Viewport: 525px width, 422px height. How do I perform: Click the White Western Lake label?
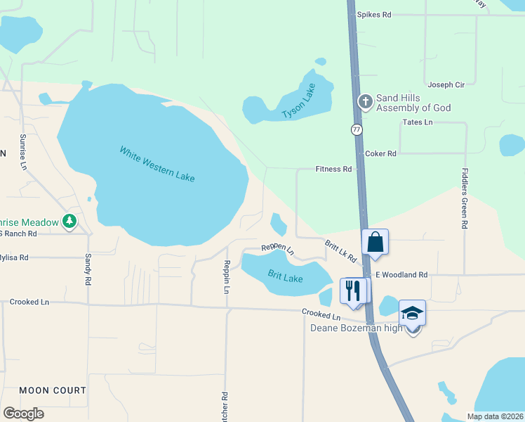(157, 164)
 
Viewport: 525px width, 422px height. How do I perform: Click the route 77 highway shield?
(357, 130)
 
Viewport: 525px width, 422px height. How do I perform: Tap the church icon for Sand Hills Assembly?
(365, 102)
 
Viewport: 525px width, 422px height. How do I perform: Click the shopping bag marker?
(376, 243)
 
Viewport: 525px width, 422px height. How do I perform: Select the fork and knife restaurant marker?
(352, 290)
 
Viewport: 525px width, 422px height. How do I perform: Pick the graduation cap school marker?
(412, 312)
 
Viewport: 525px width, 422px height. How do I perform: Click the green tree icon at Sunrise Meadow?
(69, 222)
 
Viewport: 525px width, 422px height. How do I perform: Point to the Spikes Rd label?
(373, 14)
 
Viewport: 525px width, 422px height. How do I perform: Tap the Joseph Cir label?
(446, 85)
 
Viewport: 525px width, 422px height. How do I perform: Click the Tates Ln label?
(418, 122)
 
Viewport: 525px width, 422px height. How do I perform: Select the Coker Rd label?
(380, 153)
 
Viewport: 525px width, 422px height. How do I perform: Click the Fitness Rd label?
(333, 170)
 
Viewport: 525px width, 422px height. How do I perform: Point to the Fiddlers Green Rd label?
(464, 198)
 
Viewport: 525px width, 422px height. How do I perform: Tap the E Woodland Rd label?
(401, 275)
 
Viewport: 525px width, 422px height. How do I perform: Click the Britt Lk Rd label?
(340, 250)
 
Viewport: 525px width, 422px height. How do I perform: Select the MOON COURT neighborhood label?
(53, 390)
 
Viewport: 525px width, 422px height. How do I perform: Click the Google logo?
(23, 414)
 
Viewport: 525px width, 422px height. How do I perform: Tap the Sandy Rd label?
(88, 269)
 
